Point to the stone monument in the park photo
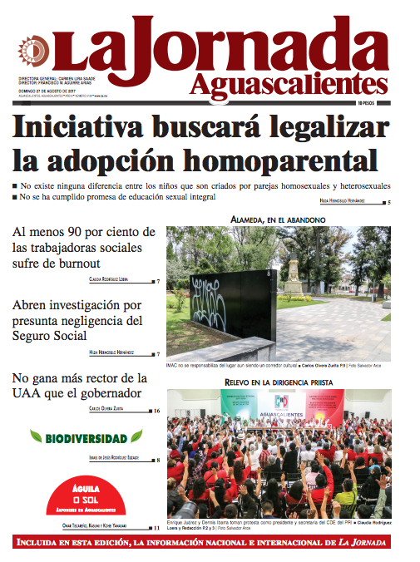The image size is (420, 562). click(x=294, y=268)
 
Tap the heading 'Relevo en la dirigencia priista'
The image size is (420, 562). click(x=278, y=382)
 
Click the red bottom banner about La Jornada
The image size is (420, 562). click(x=210, y=544)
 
